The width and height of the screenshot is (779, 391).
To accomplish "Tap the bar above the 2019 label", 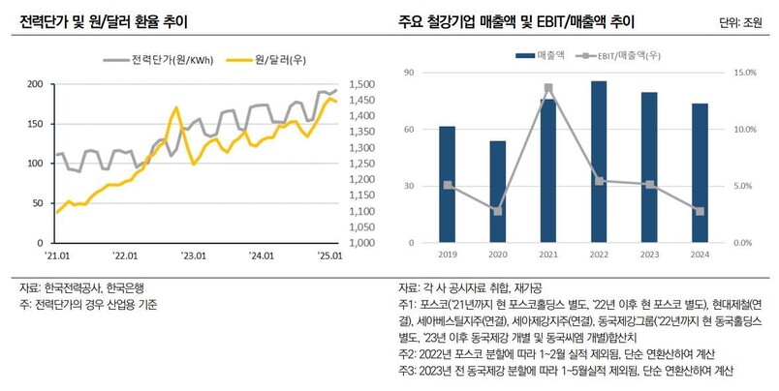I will click(447, 185).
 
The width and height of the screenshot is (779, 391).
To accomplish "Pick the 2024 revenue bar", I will click(700, 173).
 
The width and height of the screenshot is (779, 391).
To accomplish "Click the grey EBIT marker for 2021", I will click(548, 88).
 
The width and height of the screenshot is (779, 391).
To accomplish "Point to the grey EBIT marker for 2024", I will click(700, 211).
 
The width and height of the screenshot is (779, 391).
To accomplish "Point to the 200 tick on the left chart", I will click(34, 85).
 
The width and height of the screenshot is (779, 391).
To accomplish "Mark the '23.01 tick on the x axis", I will click(195, 256).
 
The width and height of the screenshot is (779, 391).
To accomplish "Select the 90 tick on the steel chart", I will click(408, 74).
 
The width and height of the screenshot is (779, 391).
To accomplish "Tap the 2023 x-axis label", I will click(649, 256).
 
